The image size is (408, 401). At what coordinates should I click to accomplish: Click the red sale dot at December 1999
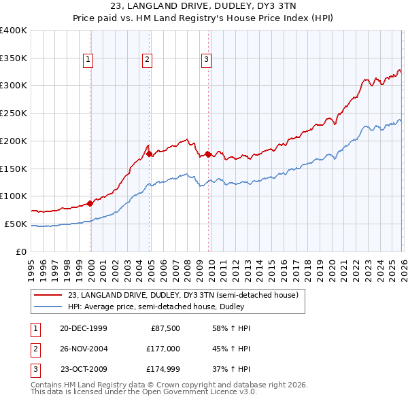coord(90,203)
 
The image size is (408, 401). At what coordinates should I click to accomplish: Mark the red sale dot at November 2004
coord(150,154)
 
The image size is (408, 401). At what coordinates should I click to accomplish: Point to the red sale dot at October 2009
coord(208,154)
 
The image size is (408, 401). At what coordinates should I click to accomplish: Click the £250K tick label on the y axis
coord(14,113)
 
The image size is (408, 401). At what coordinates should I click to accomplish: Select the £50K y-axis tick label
coord(16,224)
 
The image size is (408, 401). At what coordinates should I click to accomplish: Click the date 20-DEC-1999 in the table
coord(83,328)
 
